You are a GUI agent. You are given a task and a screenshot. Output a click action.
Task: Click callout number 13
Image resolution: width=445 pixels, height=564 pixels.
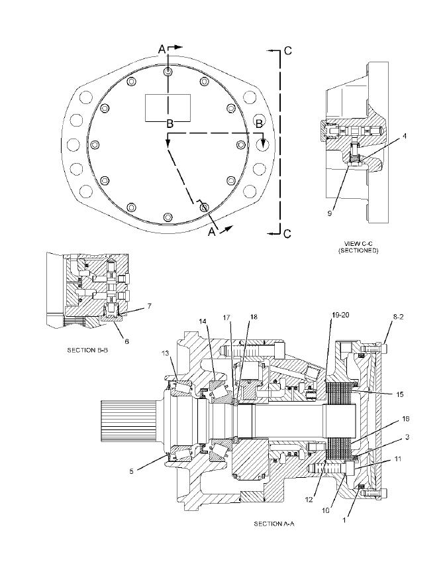click(165, 354)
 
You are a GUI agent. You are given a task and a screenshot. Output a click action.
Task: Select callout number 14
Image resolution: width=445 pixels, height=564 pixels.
click(203, 321)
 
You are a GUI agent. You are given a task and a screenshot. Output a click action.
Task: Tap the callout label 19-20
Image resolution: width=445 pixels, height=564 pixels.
click(340, 315)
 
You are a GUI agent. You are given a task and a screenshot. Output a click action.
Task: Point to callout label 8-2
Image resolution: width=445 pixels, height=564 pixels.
click(398, 317)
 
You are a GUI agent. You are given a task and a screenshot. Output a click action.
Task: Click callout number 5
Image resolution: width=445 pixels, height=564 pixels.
click(132, 471)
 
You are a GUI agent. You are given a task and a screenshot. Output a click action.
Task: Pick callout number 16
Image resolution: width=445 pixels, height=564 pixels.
click(405, 419)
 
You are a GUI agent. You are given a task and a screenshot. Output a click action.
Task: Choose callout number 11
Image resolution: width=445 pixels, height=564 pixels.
click(397, 459)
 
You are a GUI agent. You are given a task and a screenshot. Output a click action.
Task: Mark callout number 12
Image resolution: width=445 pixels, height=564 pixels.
click(309, 500)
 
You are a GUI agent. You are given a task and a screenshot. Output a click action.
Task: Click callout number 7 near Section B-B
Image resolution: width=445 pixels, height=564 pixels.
click(149, 306)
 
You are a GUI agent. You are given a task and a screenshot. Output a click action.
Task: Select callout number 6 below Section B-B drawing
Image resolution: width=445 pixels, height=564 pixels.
click(126, 341)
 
